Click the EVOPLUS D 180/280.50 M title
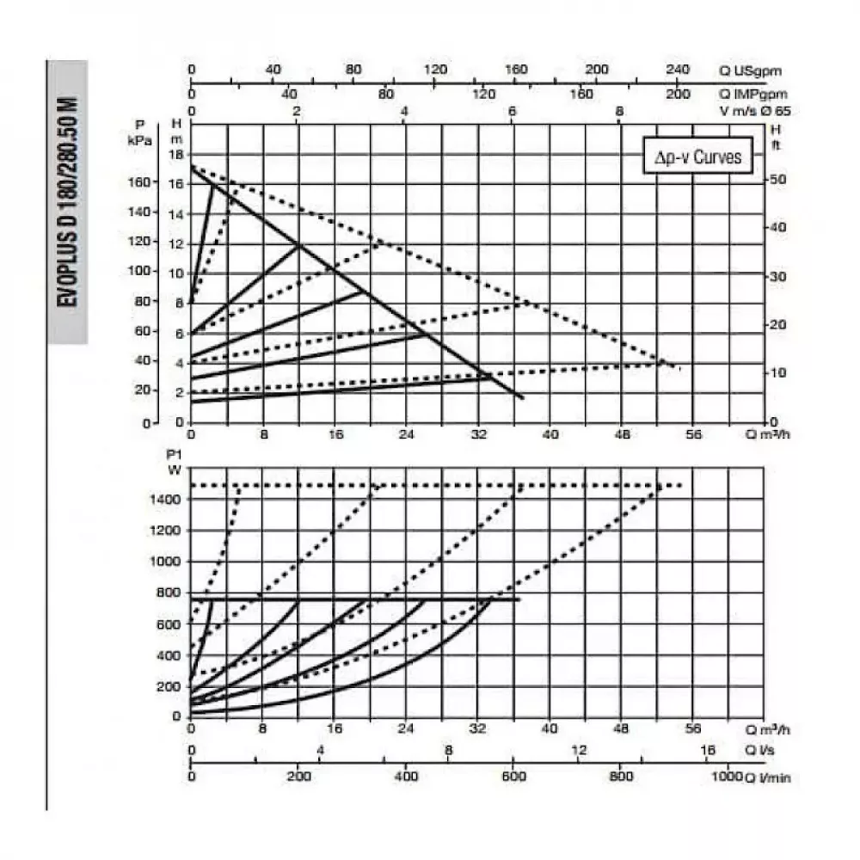click(68, 202)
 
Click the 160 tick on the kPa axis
click(138, 182)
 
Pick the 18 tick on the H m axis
click(178, 155)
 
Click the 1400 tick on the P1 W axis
click(169, 499)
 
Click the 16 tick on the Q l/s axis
click(709, 750)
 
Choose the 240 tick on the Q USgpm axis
click(678, 70)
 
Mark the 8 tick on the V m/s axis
click(619, 111)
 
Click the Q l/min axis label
click(767, 777)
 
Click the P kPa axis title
click(138, 132)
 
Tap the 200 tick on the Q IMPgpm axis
click(678, 94)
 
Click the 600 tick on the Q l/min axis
click(513, 777)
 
